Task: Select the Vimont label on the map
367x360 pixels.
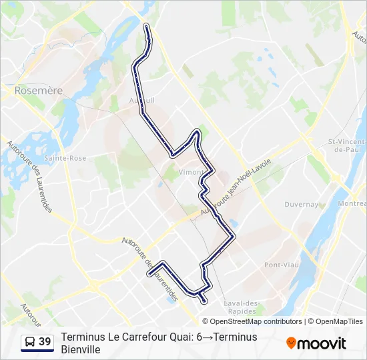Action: [192, 171]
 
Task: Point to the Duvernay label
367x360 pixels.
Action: [300, 205]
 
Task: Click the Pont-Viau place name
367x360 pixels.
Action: [282, 265]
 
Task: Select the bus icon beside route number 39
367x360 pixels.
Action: [29, 343]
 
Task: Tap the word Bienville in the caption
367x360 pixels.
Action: [80, 349]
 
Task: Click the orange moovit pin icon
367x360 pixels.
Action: [291, 343]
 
